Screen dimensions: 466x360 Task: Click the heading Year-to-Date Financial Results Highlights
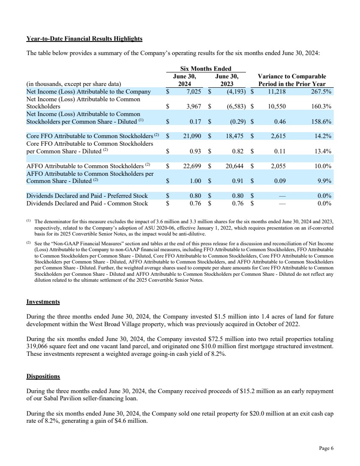click(x=84, y=39)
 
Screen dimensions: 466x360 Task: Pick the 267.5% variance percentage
click(x=321, y=92)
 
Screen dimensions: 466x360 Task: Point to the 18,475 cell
click(x=233, y=136)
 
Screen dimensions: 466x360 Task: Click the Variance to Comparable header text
click(x=292, y=76)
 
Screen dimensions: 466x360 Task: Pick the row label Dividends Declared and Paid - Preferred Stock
click(x=87, y=196)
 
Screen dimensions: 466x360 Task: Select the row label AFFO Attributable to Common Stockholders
click(x=84, y=166)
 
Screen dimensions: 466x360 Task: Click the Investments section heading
click(x=43, y=302)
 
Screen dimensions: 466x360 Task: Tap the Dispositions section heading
click(x=43, y=376)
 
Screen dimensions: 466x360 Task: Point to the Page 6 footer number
click(x=327, y=449)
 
